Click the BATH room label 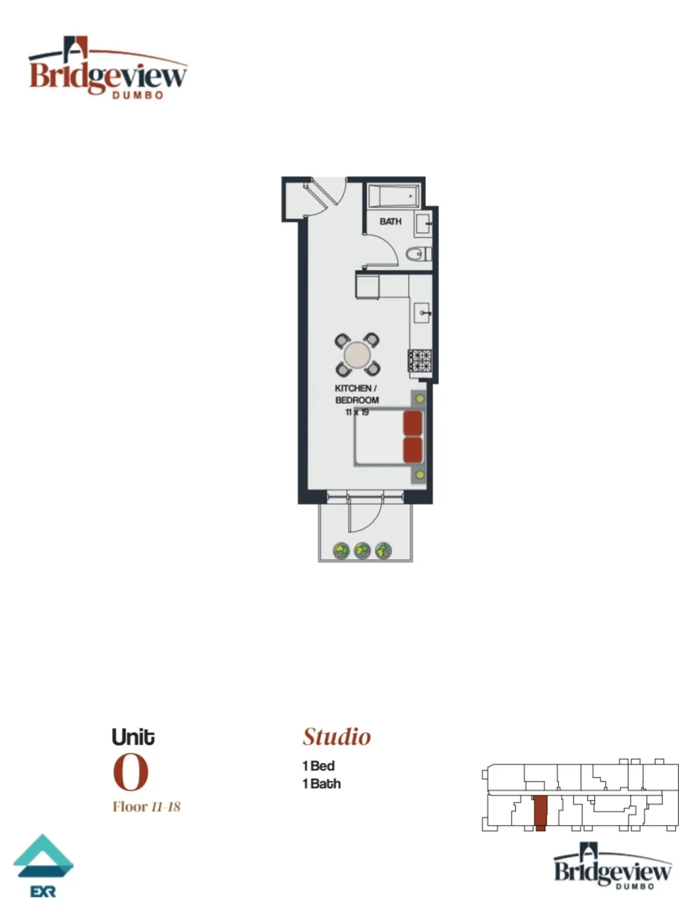pos(390,221)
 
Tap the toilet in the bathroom pos(417,254)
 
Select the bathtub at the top pos(393,196)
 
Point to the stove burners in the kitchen pos(419,360)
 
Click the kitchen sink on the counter pos(422,312)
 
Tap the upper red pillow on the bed pos(413,423)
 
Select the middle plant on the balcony pos(362,550)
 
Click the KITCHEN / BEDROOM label pos(357,394)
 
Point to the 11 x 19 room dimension pos(357,413)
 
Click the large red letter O pos(130,772)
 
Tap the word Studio pos(337,737)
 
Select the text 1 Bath pos(322,784)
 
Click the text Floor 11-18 pos(146,807)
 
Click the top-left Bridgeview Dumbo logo pos(107,69)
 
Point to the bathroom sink pos(422,225)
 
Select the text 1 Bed pos(318,766)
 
